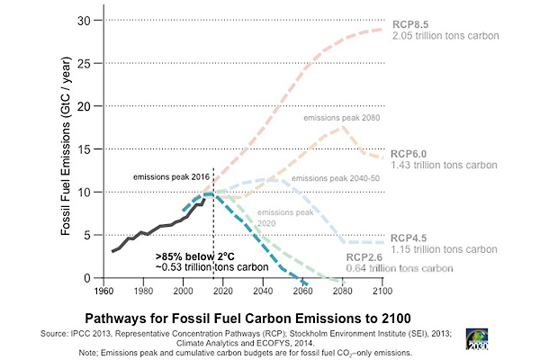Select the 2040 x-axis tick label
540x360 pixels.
tap(262, 292)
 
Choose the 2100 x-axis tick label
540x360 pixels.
tap(382, 292)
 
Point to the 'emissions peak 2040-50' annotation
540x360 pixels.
tap(333, 178)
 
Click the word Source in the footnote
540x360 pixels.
tap(56, 333)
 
